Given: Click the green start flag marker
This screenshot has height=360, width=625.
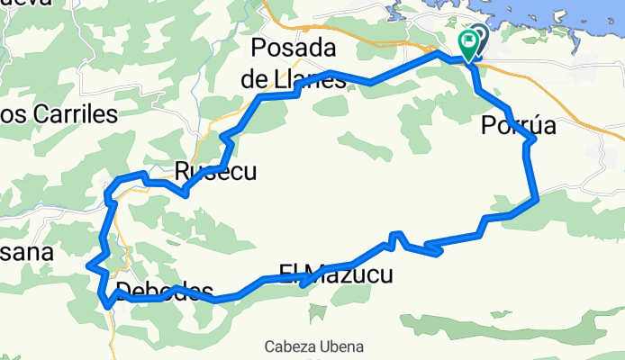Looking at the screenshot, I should [468, 41].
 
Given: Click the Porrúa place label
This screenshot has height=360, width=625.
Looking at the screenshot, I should [518, 128].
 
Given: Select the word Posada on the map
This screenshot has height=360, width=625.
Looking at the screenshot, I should [294, 47].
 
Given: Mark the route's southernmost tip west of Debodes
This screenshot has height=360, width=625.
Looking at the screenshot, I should [107, 305].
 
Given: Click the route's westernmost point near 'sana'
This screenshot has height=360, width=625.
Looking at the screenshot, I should [88, 265].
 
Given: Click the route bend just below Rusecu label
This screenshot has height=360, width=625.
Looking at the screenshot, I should [186, 193].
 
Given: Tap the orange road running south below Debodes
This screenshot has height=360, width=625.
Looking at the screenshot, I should [114, 333].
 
